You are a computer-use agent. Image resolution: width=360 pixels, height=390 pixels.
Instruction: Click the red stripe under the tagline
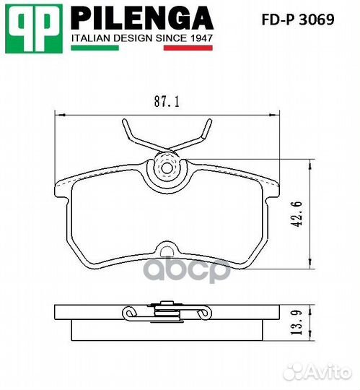[188, 48]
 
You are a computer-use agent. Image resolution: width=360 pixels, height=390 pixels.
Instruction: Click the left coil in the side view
[130, 313]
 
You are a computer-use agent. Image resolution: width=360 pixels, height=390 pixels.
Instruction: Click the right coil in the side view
[206, 313]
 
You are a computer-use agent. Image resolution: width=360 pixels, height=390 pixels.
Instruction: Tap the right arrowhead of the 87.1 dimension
[276, 114]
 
